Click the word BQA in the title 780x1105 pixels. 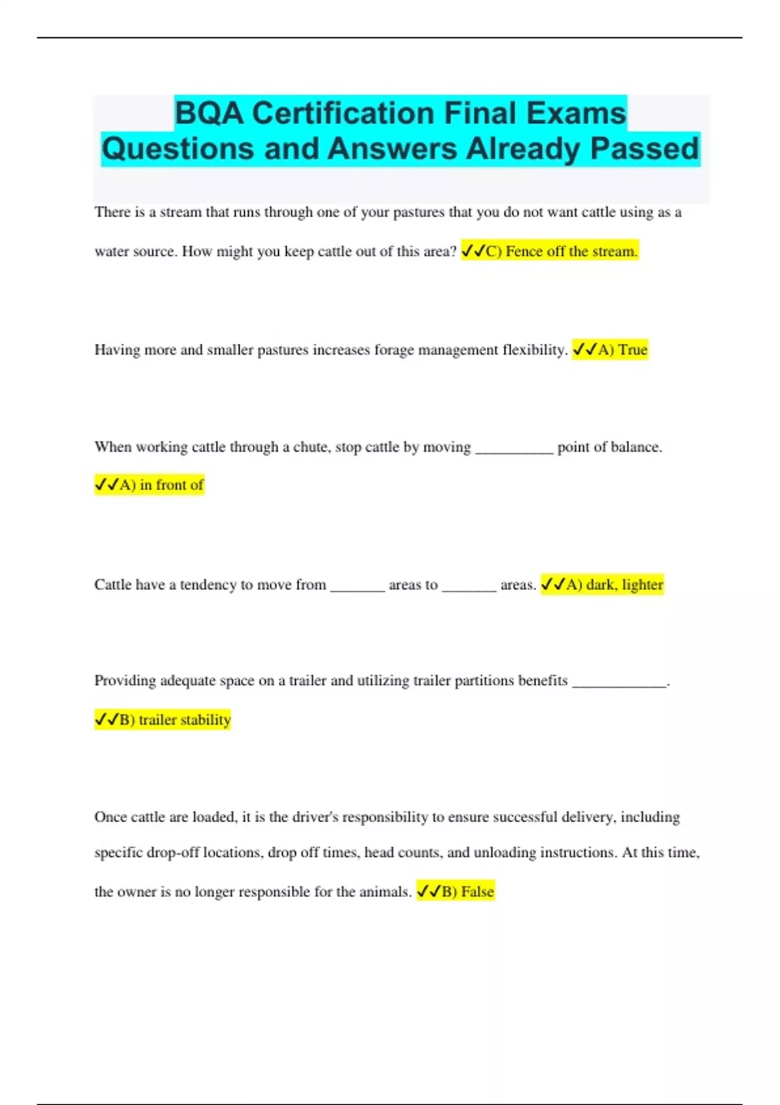pos(209,114)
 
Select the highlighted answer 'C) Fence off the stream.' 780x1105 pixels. pos(550,252)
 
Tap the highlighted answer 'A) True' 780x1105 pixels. pos(610,350)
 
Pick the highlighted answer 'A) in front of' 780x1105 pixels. pos(149,485)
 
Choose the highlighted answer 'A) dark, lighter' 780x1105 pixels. pos(602,585)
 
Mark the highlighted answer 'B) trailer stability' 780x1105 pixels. pos(162,720)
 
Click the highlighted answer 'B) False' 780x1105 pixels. pos(456,892)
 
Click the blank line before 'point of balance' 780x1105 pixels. pos(514,449)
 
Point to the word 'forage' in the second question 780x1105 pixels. pos(394,350)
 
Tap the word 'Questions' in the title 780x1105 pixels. pos(178,149)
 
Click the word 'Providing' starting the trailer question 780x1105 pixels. pos(125,681)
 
